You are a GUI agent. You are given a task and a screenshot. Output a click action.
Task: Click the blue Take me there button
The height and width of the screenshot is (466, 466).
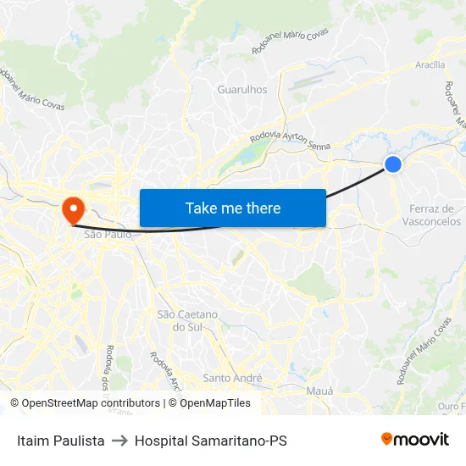(x=232, y=208)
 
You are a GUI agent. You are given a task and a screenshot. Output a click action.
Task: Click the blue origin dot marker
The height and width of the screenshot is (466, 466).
(x=393, y=164)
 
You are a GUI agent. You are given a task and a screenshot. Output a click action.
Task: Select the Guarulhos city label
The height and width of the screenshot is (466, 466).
(x=242, y=89)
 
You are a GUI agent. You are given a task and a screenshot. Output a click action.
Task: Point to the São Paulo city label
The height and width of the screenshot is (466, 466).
(x=108, y=234)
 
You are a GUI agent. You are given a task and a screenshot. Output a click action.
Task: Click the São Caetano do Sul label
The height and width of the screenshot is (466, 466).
(x=187, y=320)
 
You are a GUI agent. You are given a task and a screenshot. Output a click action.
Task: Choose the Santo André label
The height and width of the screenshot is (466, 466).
(x=233, y=378)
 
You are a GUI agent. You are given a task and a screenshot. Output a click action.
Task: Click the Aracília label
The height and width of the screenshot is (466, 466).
(x=430, y=64)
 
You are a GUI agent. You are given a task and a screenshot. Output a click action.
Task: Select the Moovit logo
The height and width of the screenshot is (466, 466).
(x=415, y=440)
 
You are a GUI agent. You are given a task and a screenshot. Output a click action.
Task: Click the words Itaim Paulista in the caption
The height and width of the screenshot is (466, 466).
(x=61, y=441)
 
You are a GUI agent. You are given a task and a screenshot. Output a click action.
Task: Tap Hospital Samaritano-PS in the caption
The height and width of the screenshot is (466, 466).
(x=211, y=441)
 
